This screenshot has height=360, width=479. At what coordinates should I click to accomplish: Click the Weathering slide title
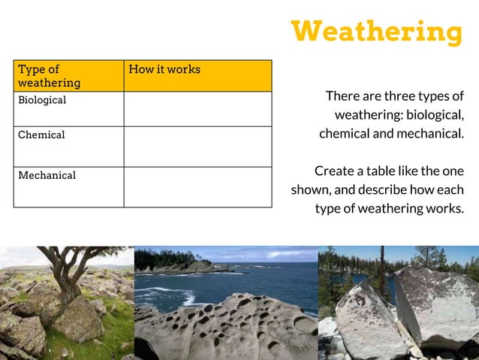[x=377, y=32]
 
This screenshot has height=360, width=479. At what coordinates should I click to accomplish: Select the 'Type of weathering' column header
[x=50, y=76]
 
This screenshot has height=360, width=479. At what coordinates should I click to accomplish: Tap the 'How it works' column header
[x=164, y=69]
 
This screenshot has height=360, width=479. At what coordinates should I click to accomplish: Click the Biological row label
[x=42, y=100]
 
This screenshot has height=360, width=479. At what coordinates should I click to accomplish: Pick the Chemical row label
[x=41, y=135]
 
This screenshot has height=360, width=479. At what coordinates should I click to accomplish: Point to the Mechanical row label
[x=47, y=175]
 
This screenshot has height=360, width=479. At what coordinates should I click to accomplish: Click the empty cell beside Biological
[x=197, y=109]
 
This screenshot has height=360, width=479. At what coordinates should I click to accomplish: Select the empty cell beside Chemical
[x=197, y=147]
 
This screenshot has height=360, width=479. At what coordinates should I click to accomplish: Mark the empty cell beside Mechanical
[x=197, y=186]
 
